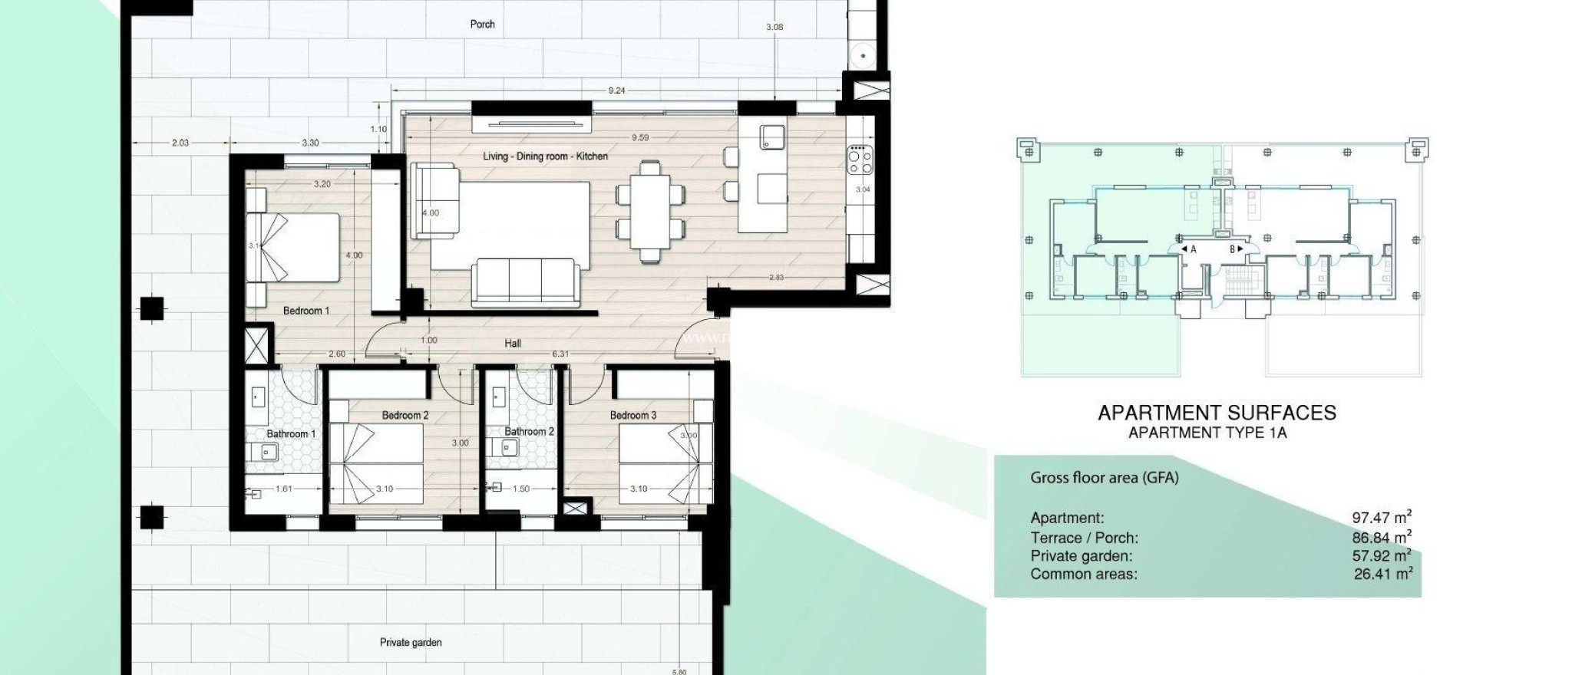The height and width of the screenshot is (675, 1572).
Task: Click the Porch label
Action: (x=482, y=25)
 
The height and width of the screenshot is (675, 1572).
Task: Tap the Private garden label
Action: (x=411, y=642)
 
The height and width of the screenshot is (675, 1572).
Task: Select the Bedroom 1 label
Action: (x=305, y=311)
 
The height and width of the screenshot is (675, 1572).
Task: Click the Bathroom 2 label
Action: (x=529, y=431)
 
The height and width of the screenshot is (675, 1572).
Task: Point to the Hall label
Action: (x=513, y=343)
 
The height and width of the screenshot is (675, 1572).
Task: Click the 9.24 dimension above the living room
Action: (x=616, y=91)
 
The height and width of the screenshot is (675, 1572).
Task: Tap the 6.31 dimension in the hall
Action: (x=561, y=354)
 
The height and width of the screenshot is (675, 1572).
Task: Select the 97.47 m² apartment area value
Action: (x=1381, y=518)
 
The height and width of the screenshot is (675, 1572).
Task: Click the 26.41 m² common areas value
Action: (x=1382, y=573)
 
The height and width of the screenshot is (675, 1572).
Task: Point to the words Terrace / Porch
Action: (x=1084, y=538)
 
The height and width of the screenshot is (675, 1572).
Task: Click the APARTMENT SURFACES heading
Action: (x=1217, y=413)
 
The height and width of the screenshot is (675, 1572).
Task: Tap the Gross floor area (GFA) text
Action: (x=1104, y=478)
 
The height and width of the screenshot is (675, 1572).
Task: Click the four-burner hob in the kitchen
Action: (x=860, y=160)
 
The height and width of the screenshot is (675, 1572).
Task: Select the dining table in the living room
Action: (x=649, y=211)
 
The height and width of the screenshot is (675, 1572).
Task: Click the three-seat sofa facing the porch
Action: (x=525, y=281)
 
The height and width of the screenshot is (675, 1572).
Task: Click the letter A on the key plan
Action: (x=1193, y=249)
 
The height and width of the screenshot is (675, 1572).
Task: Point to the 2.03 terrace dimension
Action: (x=180, y=143)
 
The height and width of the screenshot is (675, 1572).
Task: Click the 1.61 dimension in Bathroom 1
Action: (x=283, y=489)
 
